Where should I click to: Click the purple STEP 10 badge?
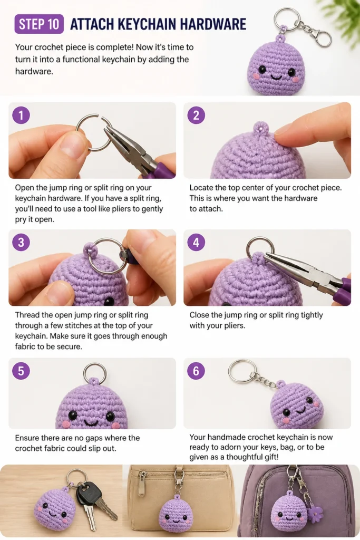tap(39, 24)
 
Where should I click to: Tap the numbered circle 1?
tap(21, 115)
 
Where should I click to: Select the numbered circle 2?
tap(196, 115)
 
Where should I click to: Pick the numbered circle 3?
tap(21, 242)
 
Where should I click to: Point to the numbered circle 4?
tap(196, 242)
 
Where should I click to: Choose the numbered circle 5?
tap(21, 371)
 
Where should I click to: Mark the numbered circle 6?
tap(196, 371)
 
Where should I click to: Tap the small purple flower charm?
tap(315, 514)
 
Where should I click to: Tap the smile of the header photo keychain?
tap(276, 76)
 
